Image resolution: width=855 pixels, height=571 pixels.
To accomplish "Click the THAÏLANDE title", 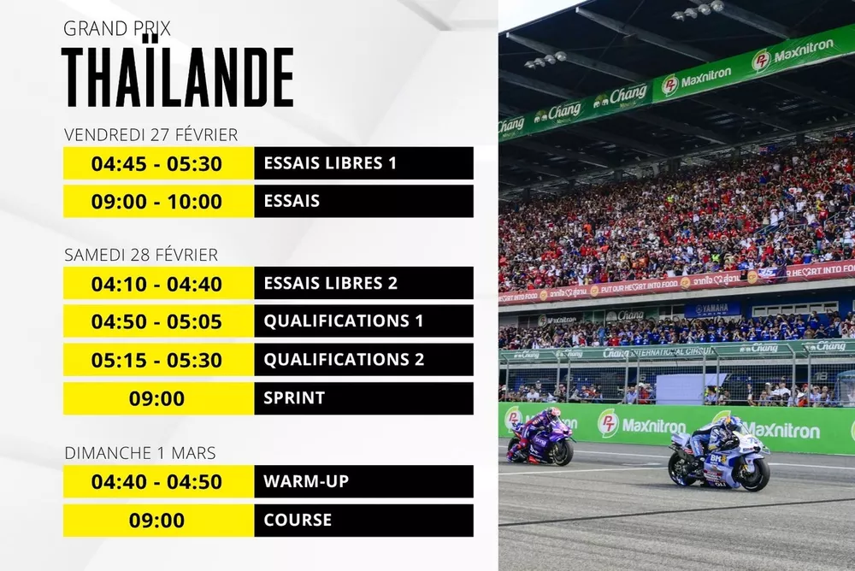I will tap(179, 78).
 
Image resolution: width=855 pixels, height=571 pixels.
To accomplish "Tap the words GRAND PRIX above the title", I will tap(117, 28).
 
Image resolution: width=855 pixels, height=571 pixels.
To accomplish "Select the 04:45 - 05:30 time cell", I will tap(157, 163).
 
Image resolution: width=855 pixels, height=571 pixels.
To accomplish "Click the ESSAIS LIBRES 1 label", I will tap(330, 163).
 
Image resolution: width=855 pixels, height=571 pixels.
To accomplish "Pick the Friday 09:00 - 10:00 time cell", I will tap(157, 202).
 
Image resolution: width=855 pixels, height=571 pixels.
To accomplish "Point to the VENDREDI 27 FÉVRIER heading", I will tap(150, 135).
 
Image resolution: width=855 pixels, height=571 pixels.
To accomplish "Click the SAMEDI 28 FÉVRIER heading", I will tap(141, 255).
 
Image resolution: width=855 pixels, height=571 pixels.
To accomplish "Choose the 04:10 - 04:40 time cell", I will tap(157, 283).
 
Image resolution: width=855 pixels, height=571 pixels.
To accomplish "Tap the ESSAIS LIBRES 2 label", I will tap(331, 283).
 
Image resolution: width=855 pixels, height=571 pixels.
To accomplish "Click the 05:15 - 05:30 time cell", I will tap(157, 360).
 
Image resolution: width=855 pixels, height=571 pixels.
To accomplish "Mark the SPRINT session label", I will tap(294, 398).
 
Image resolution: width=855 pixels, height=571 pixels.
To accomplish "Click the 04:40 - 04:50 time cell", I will tap(157, 482).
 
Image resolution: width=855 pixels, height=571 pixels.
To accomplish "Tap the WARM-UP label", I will tap(306, 482).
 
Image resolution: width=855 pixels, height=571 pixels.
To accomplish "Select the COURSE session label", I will tap(298, 520).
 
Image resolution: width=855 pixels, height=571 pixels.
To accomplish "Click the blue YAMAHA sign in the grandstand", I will tap(711, 309).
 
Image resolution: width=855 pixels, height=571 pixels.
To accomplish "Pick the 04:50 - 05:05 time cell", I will tap(157, 321).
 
